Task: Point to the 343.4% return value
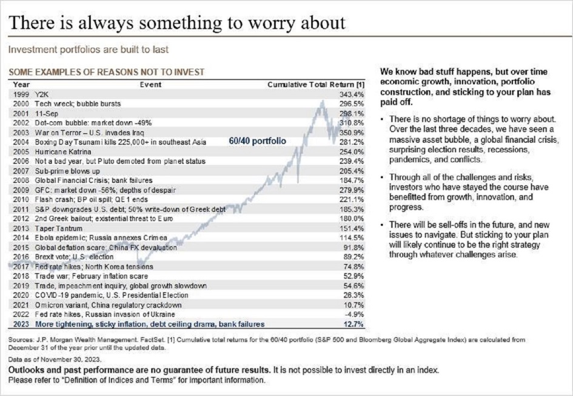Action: point(354,95)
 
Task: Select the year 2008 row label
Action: point(21,180)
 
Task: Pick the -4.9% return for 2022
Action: point(355,314)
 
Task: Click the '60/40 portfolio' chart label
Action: point(257,140)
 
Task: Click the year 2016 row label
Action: point(21,257)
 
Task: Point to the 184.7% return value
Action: point(354,180)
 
